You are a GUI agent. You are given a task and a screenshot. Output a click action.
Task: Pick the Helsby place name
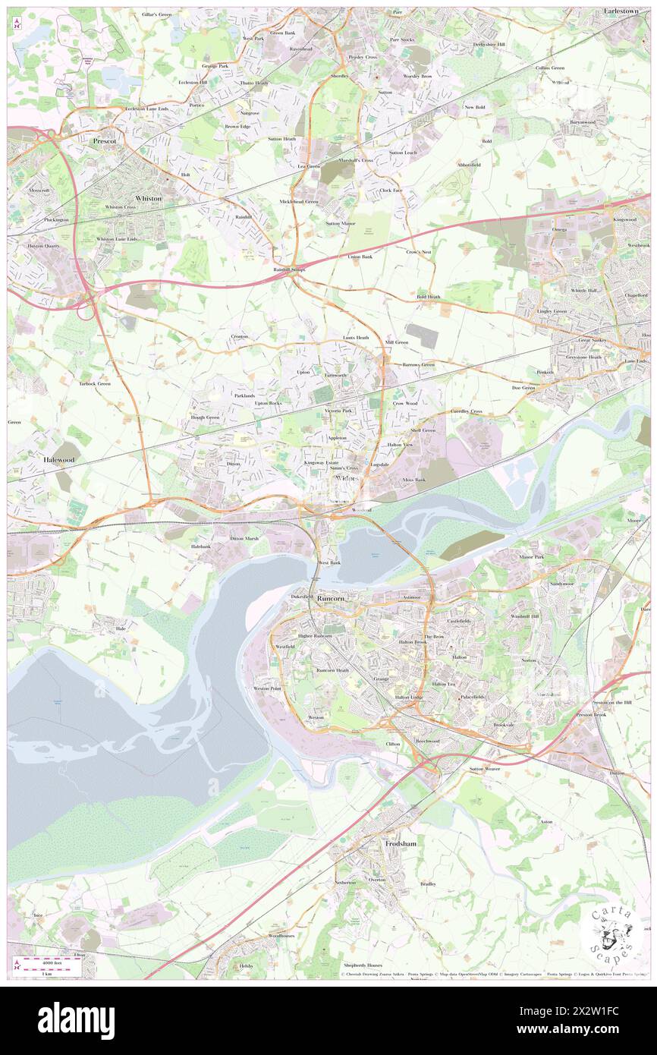pos(246,965)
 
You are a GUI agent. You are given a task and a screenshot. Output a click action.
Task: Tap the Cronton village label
pos(240,336)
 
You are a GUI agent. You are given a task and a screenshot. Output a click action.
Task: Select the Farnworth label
pos(335,375)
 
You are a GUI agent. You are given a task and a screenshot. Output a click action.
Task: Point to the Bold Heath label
pos(428,297)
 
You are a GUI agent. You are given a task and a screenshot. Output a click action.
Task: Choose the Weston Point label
pos(267,688)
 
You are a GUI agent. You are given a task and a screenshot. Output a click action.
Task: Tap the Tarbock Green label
pos(95,384)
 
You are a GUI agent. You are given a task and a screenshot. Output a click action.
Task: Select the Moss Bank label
pos(414,480)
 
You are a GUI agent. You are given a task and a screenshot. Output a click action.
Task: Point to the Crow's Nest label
pos(418,251)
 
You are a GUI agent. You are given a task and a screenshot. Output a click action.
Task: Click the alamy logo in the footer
pos(76,1021)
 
